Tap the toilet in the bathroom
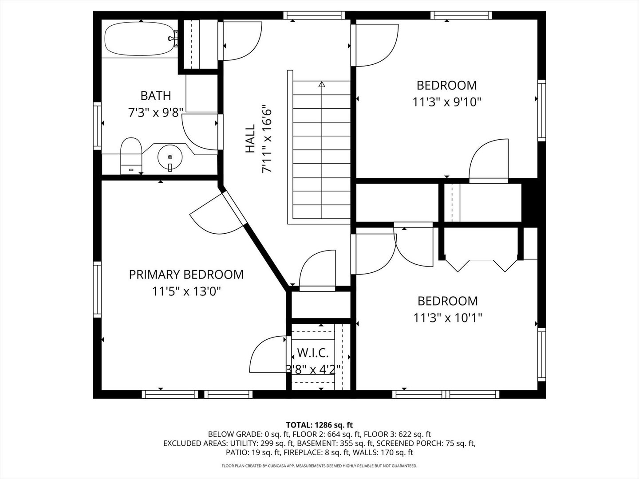pyautogui.click(x=131, y=156)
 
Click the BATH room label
pyautogui.click(x=156, y=96)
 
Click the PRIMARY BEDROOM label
pyautogui.click(x=186, y=275)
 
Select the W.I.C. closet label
pyautogui.click(x=313, y=353)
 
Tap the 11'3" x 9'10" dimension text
pyautogui.click(x=447, y=102)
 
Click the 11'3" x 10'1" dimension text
pyautogui.click(x=448, y=318)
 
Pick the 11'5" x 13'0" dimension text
pyautogui.click(x=186, y=291)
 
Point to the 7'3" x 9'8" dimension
pyautogui.click(x=156, y=112)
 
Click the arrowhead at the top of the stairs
pyautogui.click(x=322, y=84)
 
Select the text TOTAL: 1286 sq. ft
pyautogui.click(x=319, y=425)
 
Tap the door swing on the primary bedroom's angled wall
pyautogui.click(x=217, y=214)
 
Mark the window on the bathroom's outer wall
pyautogui.click(x=97, y=126)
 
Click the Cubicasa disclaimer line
pyautogui.click(x=319, y=466)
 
